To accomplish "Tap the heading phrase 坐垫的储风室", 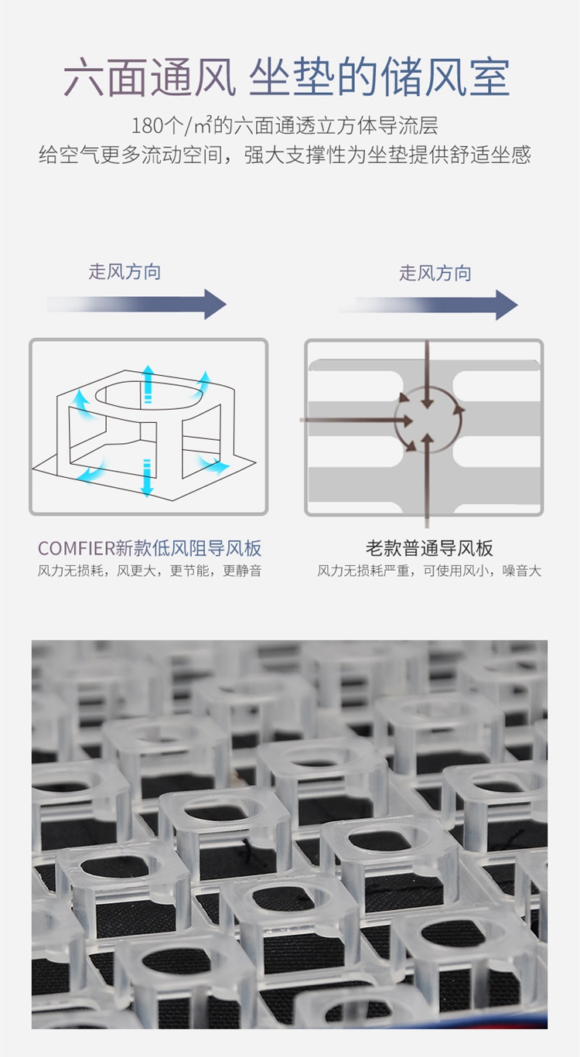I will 379,77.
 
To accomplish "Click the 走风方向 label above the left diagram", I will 125,271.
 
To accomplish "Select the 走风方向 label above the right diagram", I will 435,273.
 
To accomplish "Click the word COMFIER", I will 76,549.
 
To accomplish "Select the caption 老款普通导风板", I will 429,549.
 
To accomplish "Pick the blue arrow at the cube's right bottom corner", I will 213,465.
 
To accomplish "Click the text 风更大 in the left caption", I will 138,571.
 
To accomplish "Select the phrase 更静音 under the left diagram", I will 242,571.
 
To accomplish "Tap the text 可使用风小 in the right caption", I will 466,571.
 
